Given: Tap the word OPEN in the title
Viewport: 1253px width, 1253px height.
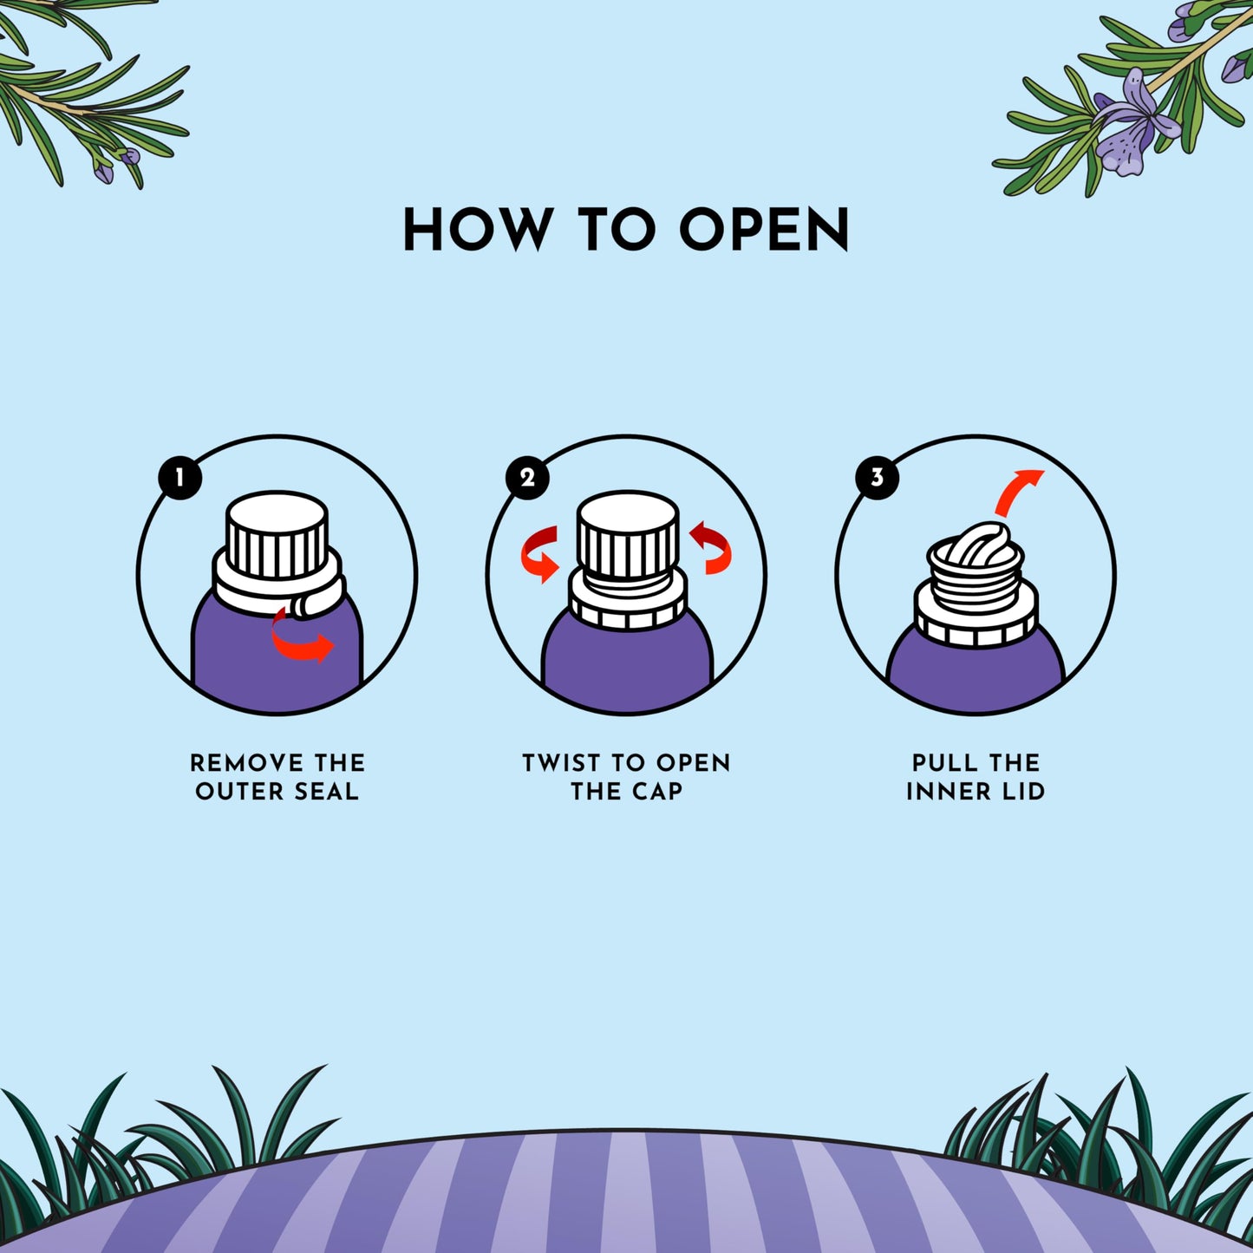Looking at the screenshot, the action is (x=763, y=229).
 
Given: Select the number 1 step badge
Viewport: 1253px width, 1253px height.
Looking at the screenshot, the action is (x=180, y=478).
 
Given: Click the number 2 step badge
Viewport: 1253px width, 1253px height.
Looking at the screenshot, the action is (x=527, y=478).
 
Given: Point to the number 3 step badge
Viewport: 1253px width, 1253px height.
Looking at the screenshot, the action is (x=878, y=478).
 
